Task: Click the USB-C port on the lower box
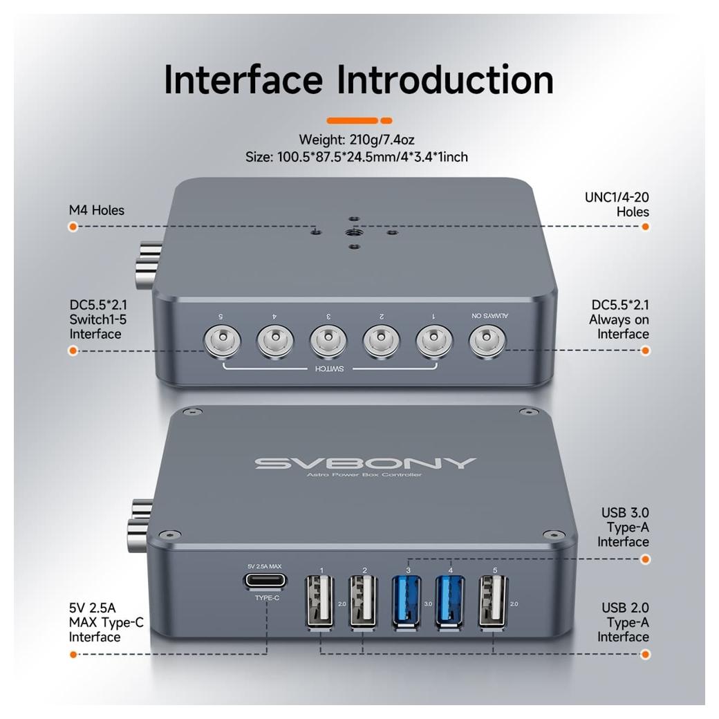[265, 581]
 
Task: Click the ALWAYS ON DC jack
[487, 342]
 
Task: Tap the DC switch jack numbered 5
[222, 342]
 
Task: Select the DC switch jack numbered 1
[434, 342]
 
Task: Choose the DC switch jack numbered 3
[328, 342]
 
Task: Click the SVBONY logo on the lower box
[365, 463]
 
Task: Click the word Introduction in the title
[445, 80]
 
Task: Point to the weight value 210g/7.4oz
[382, 140]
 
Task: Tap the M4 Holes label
[96, 210]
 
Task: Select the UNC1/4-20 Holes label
[617, 205]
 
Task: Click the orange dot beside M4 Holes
[73, 227]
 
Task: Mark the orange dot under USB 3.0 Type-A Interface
[645, 559]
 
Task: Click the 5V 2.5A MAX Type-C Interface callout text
[106, 622]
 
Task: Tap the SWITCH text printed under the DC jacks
[329, 369]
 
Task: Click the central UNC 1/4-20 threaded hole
[353, 232]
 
